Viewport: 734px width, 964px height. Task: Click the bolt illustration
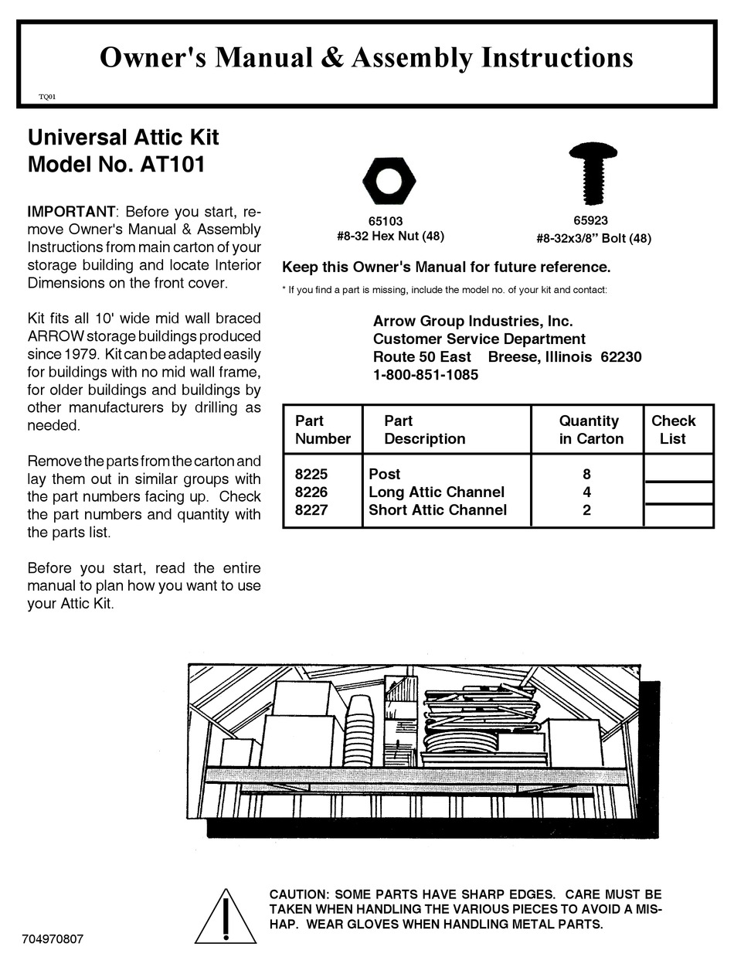pyautogui.click(x=593, y=172)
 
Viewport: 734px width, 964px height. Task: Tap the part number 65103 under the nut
pyautogui.click(x=385, y=221)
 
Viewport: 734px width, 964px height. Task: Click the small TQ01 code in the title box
pyautogui.click(x=46, y=97)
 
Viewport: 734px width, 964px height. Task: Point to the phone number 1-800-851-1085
pyautogui.click(x=426, y=375)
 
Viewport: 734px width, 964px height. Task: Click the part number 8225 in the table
pyautogui.click(x=311, y=474)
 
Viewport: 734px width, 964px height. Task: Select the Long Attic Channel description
pyautogui.click(x=437, y=492)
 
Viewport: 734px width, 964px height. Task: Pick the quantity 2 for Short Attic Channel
pyautogui.click(x=586, y=509)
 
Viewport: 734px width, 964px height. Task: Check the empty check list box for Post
pyautogui.click(x=678, y=468)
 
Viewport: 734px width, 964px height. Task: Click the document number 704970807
pyautogui.click(x=53, y=939)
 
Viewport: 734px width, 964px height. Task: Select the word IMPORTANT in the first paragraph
pyautogui.click(x=71, y=211)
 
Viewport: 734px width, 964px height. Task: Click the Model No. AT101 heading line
pyautogui.click(x=116, y=165)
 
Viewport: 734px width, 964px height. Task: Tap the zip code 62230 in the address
pyautogui.click(x=621, y=357)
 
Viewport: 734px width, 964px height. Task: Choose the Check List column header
pyautogui.click(x=673, y=430)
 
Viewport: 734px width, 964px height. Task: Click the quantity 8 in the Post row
pyautogui.click(x=586, y=474)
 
